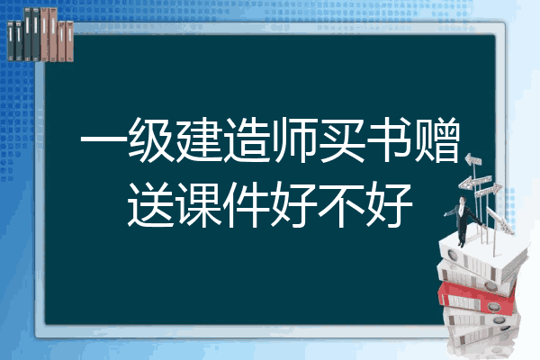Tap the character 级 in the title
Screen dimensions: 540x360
pos(151,140)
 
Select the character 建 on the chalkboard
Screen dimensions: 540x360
pos(199,140)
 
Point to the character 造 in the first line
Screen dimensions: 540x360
pos(247,140)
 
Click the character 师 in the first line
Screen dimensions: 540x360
pos(293,140)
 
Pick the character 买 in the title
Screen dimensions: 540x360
pos(342,140)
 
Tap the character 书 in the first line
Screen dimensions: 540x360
pos(389,140)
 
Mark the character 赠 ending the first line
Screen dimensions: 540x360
pos(437,140)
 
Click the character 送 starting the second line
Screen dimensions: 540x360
pos(151,204)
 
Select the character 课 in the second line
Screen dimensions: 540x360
pos(199,204)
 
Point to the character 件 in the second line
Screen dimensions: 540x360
pos(247,204)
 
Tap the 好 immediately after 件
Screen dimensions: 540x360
pos(293,204)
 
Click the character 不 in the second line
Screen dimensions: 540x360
pos(342,204)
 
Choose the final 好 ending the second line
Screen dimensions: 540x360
pos(389,204)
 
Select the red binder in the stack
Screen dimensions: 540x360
pos(477,297)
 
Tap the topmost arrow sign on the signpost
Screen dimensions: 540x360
pos(473,160)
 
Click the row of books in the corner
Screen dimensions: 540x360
pos(40,34)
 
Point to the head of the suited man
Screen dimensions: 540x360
pos(463,200)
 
